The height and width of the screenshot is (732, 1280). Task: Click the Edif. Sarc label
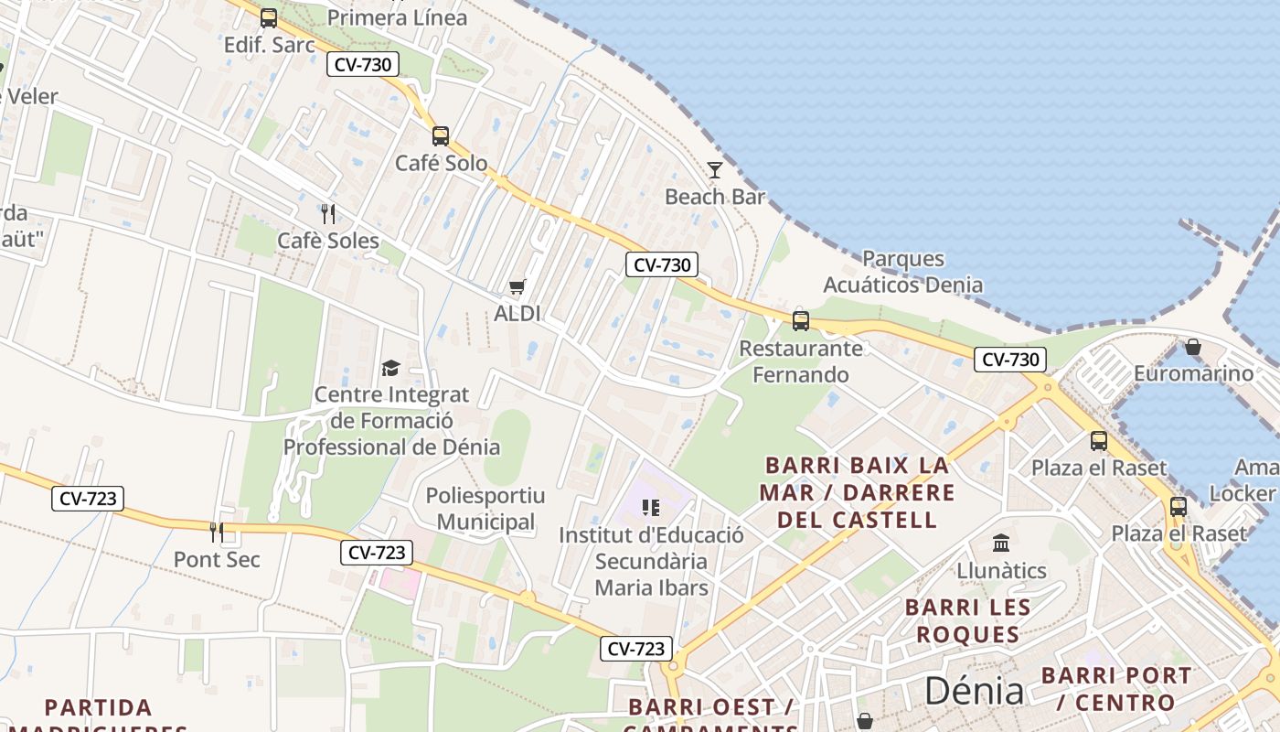(x=269, y=44)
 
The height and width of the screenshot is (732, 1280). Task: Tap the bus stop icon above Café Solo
(x=441, y=136)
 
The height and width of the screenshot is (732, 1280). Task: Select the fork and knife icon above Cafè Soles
(x=328, y=214)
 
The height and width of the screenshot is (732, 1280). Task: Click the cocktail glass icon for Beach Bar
(x=715, y=170)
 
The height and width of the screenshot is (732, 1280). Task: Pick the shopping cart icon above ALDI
(x=517, y=287)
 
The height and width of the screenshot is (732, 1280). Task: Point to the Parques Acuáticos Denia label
(x=902, y=272)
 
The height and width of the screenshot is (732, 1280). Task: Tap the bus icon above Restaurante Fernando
(x=801, y=321)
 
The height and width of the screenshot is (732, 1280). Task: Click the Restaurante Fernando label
(x=801, y=361)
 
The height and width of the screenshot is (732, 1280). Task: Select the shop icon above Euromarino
(x=1192, y=347)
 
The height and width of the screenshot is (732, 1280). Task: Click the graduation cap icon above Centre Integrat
(x=391, y=369)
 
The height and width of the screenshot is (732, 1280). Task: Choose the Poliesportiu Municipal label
(x=485, y=509)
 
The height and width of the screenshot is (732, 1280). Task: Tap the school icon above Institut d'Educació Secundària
(x=651, y=508)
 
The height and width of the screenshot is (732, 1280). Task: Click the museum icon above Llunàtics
(x=1001, y=544)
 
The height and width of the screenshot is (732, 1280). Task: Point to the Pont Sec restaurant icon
(x=217, y=532)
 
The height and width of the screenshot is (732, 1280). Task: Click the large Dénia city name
(x=974, y=691)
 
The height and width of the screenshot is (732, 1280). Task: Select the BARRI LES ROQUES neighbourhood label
(x=967, y=620)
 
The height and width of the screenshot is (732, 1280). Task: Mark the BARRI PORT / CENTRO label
(x=1116, y=689)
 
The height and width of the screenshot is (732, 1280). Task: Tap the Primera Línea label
(x=397, y=17)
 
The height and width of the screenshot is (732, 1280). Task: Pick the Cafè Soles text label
(x=328, y=241)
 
